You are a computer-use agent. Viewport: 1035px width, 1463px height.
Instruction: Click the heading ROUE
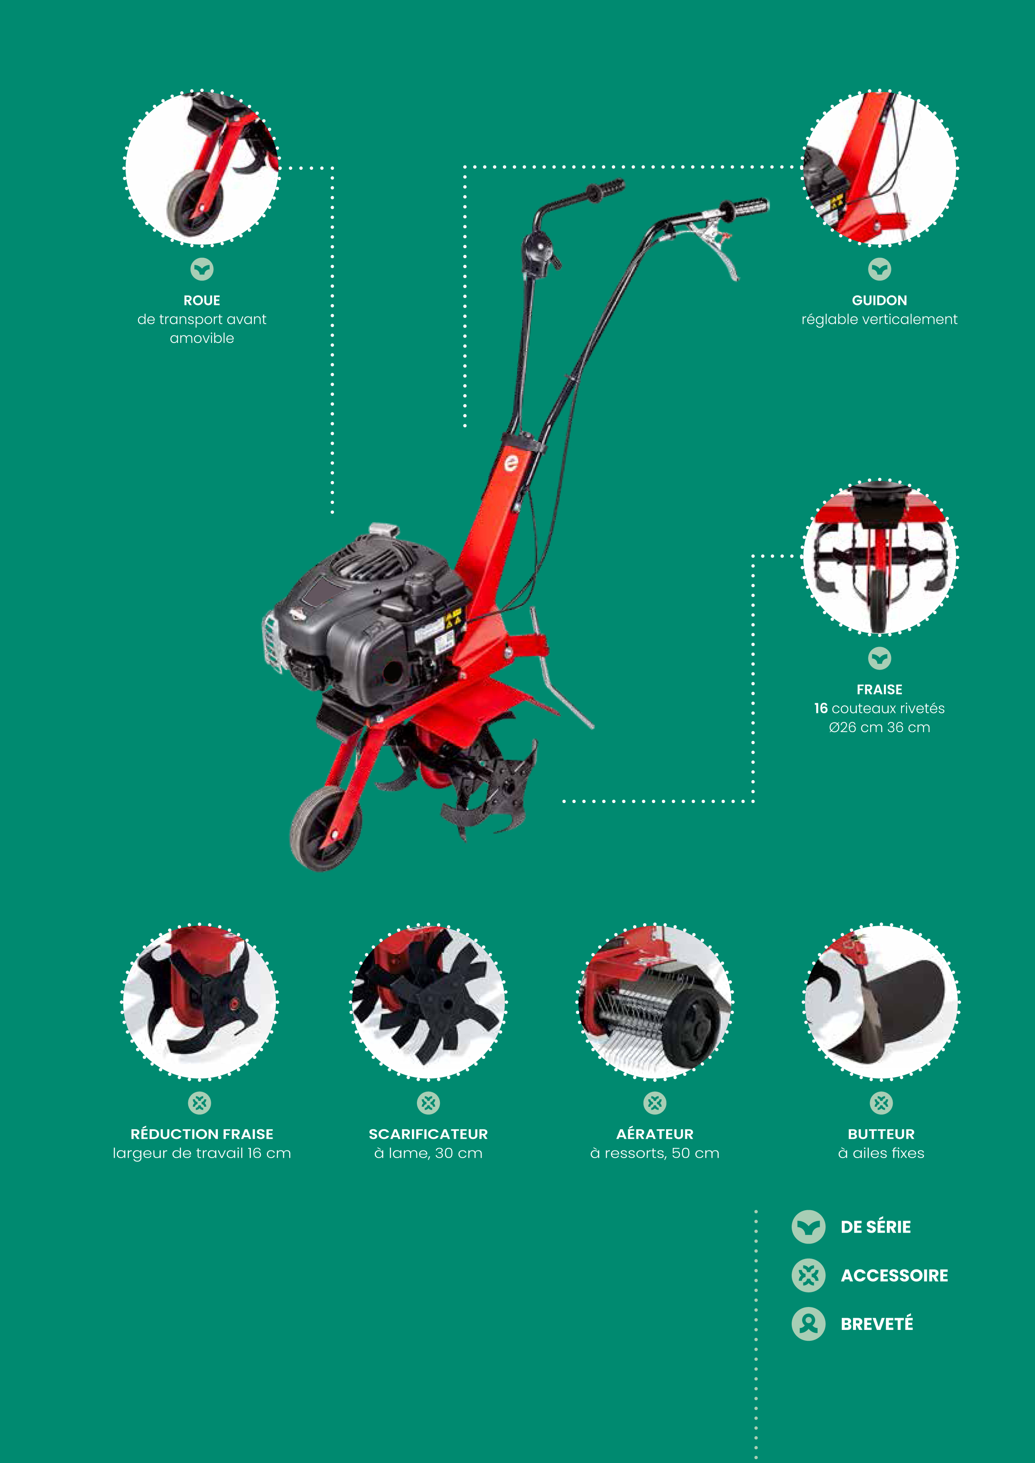[x=202, y=300]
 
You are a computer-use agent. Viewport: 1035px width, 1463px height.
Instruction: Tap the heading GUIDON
[x=879, y=300]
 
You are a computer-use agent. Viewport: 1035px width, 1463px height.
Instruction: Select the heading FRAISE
[x=879, y=690]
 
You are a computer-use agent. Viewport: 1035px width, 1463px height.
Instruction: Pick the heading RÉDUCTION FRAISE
[x=202, y=1134]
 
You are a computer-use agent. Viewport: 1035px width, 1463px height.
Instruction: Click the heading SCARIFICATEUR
[x=428, y=1134]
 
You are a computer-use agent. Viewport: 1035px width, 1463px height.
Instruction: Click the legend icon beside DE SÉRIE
[x=808, y=1226]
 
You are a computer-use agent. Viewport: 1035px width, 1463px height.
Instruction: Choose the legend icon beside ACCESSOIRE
[x=808, y=1276]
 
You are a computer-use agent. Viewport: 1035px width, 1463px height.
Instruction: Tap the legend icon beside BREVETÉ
[x=808, y=1324]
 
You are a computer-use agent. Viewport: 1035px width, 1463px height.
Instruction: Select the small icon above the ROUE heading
[x=202, y=269]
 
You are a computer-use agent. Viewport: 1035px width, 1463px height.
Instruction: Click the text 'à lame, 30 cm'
[x=428, y=1153]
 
